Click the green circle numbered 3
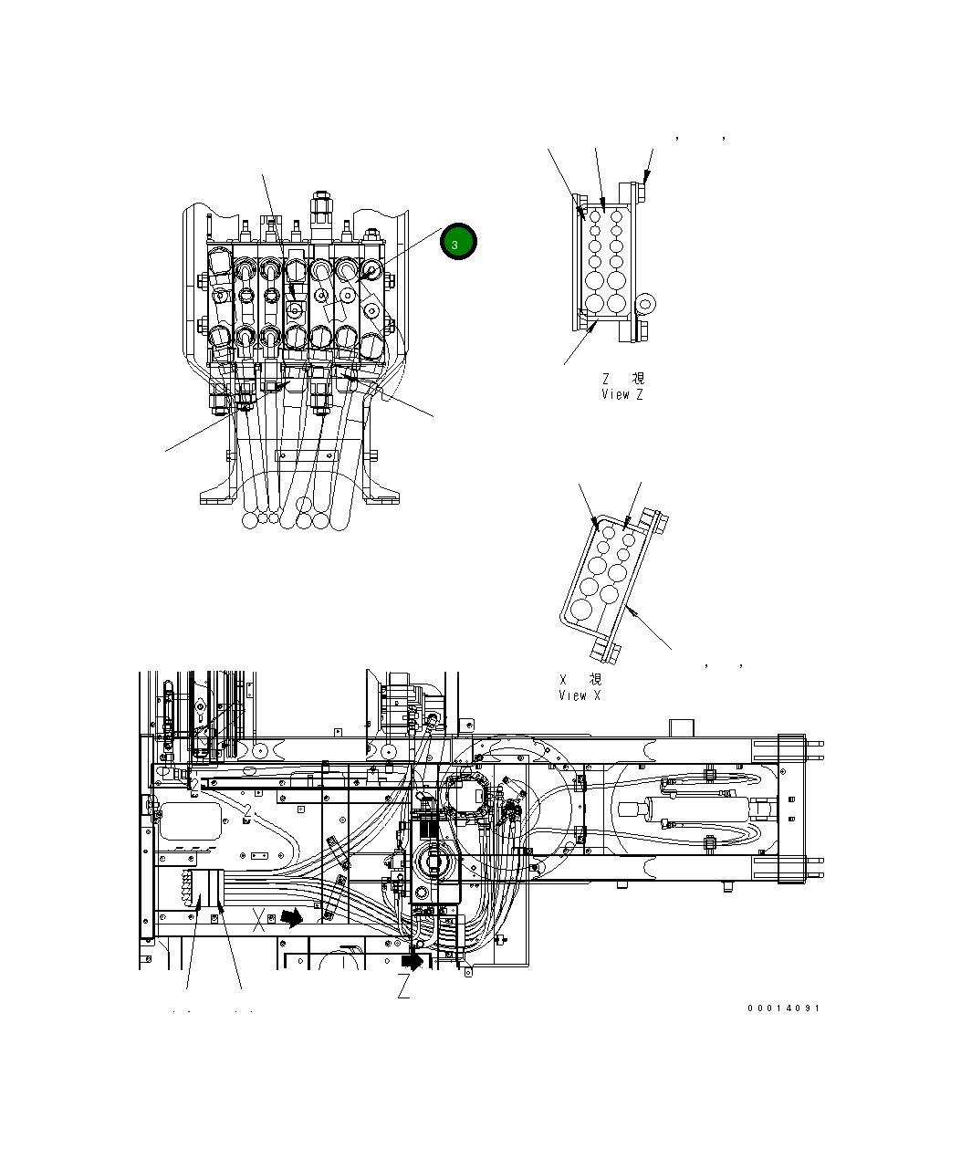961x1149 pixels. coord(457,243)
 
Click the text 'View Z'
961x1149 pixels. coord(622,395)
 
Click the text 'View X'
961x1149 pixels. coord(580,695)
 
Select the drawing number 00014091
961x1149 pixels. coord(783,1008)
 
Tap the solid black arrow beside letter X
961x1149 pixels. coord(291,917)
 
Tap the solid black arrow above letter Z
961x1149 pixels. coord(413,960)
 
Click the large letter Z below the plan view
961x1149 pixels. coord(403,987)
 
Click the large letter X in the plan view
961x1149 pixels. coord(260,920)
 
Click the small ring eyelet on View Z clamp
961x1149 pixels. coord(647,303)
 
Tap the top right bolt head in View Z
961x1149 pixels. coord(639,193)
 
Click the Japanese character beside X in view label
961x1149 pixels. coord(594,679)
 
